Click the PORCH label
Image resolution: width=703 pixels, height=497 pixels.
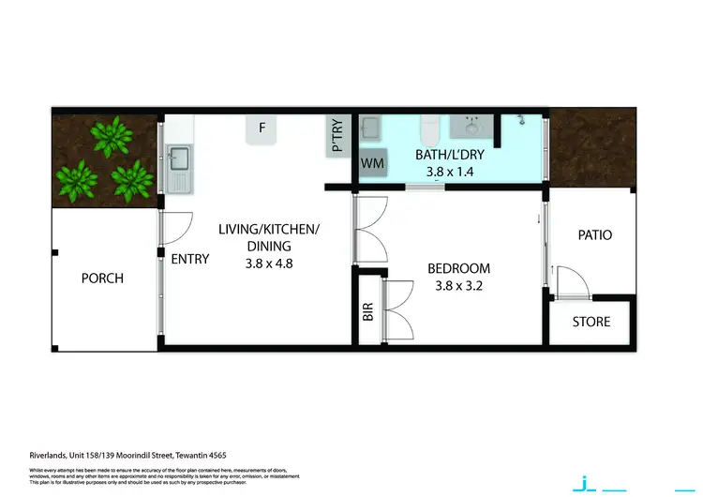click(102, 278)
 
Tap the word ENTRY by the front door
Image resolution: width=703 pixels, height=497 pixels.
click(190, 259)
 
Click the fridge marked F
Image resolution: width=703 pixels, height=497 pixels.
click(263, 128)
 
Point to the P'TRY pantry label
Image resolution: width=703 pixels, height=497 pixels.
click(337, 134)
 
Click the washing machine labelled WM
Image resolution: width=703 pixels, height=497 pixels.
click(372, 163)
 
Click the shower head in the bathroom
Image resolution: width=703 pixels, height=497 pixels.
click(522, 120)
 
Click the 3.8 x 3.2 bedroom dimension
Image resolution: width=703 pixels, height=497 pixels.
click(457, 285)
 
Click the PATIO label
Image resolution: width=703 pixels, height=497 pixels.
click(594, 234)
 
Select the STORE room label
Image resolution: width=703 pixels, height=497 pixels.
click(591, 322)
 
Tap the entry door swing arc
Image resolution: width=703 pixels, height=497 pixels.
click(179, 227)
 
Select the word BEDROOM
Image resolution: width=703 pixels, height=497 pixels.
click(457, 268)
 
